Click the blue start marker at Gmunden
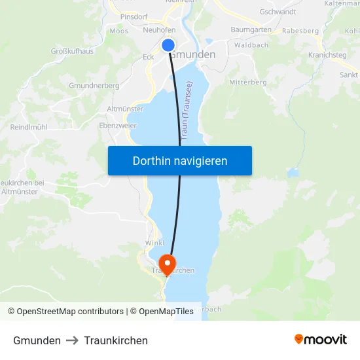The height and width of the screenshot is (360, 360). pyautogui.click(x=168, y=45)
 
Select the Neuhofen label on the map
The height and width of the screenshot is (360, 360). pyautogui.click(x=158, y=30)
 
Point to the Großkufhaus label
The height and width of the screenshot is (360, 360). pyautogui.click(x=72, y=51)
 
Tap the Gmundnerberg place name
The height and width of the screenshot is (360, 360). pyautogui.click(x=94, y=86)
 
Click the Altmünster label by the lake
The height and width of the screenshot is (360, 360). pyautogui.click(x=124, y=109)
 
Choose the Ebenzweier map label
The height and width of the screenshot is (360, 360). pyautogui.click(x=118, y=125)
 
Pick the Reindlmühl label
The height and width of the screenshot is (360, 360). pyautogui.click(x=29, y=127)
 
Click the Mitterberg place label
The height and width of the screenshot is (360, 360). pyautogui.click(x=248, y=82)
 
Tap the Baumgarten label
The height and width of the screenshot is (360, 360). pyautogui.click(x=251, y=30)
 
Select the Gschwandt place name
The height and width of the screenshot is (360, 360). pyautogui.click(x=278, y=12)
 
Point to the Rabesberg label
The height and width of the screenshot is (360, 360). pyautogui.click(x=300, y=31)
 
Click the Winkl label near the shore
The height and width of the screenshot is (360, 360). pyautogui.click(x=154, y=243)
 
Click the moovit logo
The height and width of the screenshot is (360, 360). pyautogui.click(x=321, y=340)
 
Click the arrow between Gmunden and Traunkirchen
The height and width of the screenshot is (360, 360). pyautogui.click(x=72, y=340)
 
